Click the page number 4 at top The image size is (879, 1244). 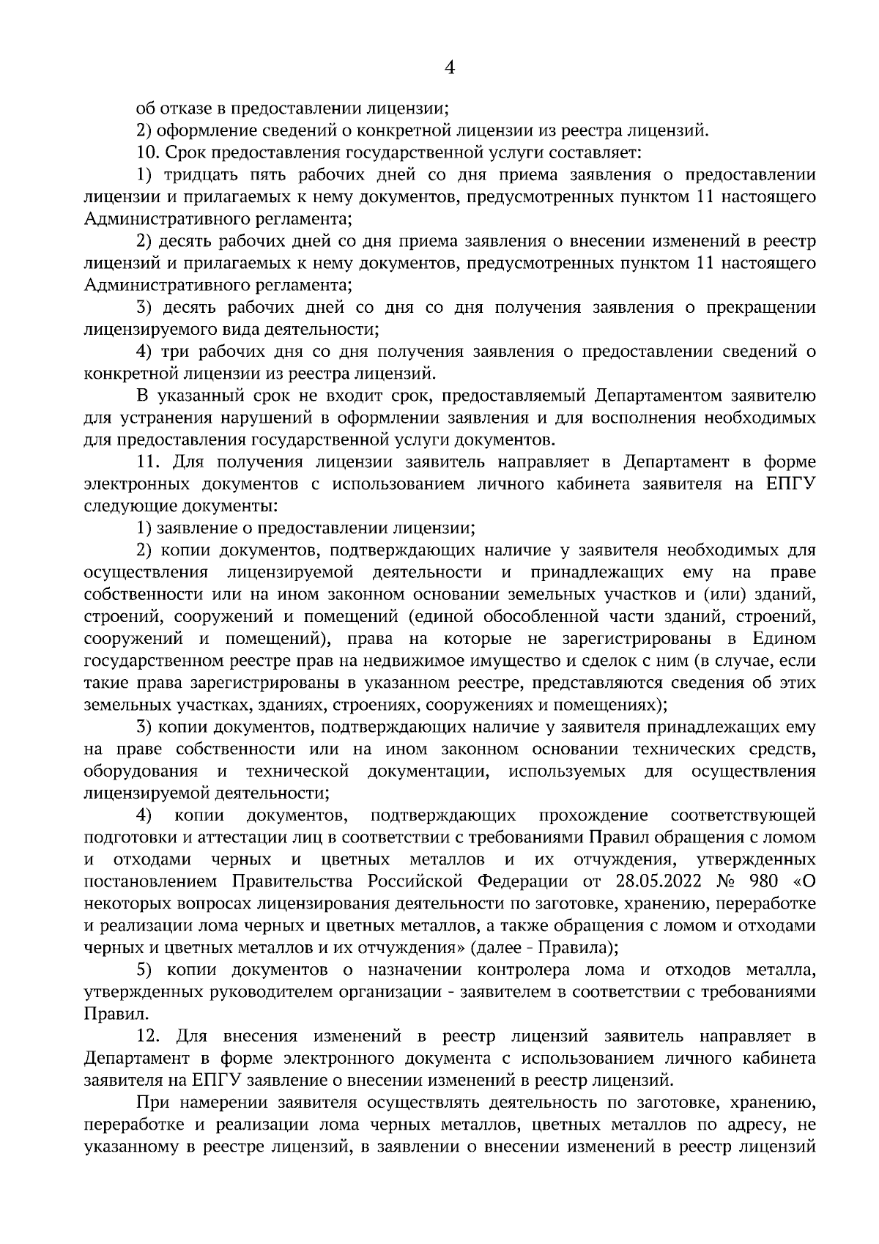click(450, 68)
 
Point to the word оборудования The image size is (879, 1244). click(141, 771)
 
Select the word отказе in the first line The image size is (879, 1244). click(184, 109)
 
